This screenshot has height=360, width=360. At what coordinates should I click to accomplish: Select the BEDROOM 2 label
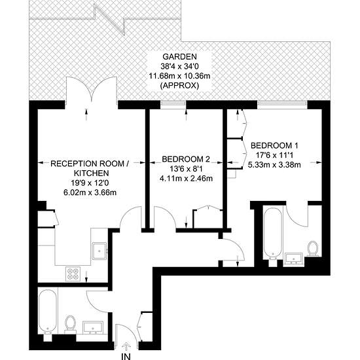click(x=187, y=159)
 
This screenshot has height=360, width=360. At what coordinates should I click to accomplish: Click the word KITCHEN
click(x=86, y=173)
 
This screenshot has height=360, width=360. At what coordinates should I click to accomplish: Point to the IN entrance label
click(x=126, y=355)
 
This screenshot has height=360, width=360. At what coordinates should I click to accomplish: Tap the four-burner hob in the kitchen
click(x=71, y=275)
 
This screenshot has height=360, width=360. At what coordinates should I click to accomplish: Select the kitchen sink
click(x=101, y=249)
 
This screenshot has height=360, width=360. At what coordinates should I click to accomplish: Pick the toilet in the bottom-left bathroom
click(x=70, y=324)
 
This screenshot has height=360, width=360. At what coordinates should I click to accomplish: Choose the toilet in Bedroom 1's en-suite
click(x=313, y=249)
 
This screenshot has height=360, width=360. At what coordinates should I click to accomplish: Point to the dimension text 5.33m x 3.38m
click(x=275, y=164)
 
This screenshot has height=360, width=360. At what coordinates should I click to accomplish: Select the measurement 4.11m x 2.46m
click(x=187, y=178)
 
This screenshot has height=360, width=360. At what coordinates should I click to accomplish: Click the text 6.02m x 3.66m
click(x=86, y=192)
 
